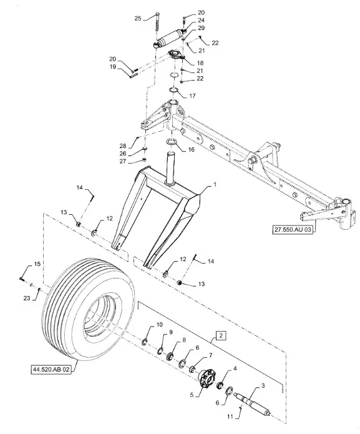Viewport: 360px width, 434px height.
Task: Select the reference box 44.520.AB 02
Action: (51, 369)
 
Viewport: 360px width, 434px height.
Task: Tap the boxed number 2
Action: (221, 335)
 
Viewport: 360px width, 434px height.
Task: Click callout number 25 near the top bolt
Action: (138, 19)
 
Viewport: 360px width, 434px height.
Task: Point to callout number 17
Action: (192, 96)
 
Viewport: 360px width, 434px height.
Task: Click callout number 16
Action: (191, 150)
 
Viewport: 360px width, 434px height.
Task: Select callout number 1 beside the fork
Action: (215, 184)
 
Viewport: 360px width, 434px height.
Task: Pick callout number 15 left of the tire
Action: (37, 264)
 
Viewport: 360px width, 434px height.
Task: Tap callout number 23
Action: (27, 298)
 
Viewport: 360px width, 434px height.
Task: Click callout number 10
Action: (160, 325)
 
